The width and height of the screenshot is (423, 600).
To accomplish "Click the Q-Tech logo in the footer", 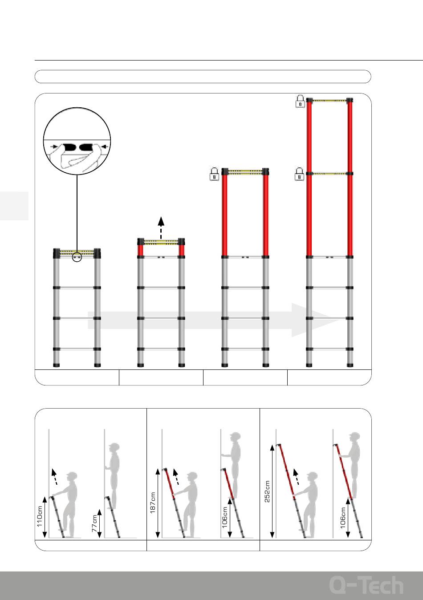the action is click(x=366, y=585).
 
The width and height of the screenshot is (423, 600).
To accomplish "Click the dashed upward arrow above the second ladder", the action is click(x=161, y=227).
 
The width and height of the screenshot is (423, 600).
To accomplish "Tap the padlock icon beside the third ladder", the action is click(x=214, y=174).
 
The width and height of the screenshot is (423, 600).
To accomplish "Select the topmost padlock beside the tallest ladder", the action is click(x=300, y=101).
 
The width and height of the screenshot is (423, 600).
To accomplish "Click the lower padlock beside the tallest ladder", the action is click(x=300, y=174).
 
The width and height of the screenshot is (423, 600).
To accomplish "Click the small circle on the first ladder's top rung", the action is click(x=77, y=257).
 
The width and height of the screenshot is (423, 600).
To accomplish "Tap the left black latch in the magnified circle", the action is click(x=69, y=147).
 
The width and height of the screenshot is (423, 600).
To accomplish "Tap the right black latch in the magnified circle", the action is click(x=86, y=147).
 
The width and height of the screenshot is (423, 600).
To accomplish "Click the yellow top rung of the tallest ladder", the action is click(x=329, y=101).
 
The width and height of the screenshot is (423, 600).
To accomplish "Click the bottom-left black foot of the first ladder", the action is click(x=57, y=365).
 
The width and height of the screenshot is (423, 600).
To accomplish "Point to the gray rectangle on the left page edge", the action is click(x=14, y=206).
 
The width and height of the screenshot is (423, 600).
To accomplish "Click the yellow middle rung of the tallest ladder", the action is click(x=329, y=174).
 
